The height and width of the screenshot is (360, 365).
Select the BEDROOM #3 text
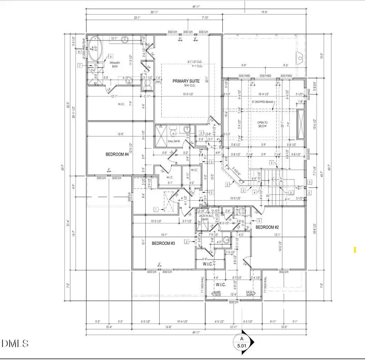[163, 243]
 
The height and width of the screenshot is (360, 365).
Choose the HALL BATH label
[174, 141]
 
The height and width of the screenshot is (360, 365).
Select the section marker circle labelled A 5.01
[242, 341]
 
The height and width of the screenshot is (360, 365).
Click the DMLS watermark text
[15, 343]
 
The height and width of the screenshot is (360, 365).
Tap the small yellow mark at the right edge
[355, 250]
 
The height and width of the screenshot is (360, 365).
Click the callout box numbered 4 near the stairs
[254, 193]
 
